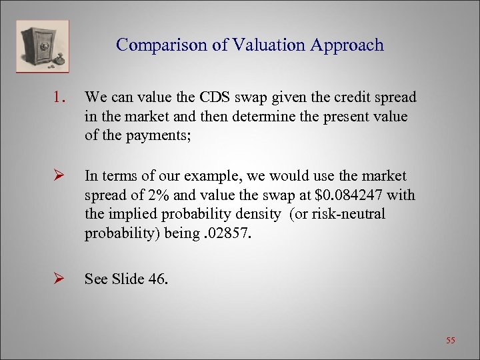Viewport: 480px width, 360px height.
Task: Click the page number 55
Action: (451, 340)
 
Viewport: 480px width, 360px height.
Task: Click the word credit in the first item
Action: (358, 97)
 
